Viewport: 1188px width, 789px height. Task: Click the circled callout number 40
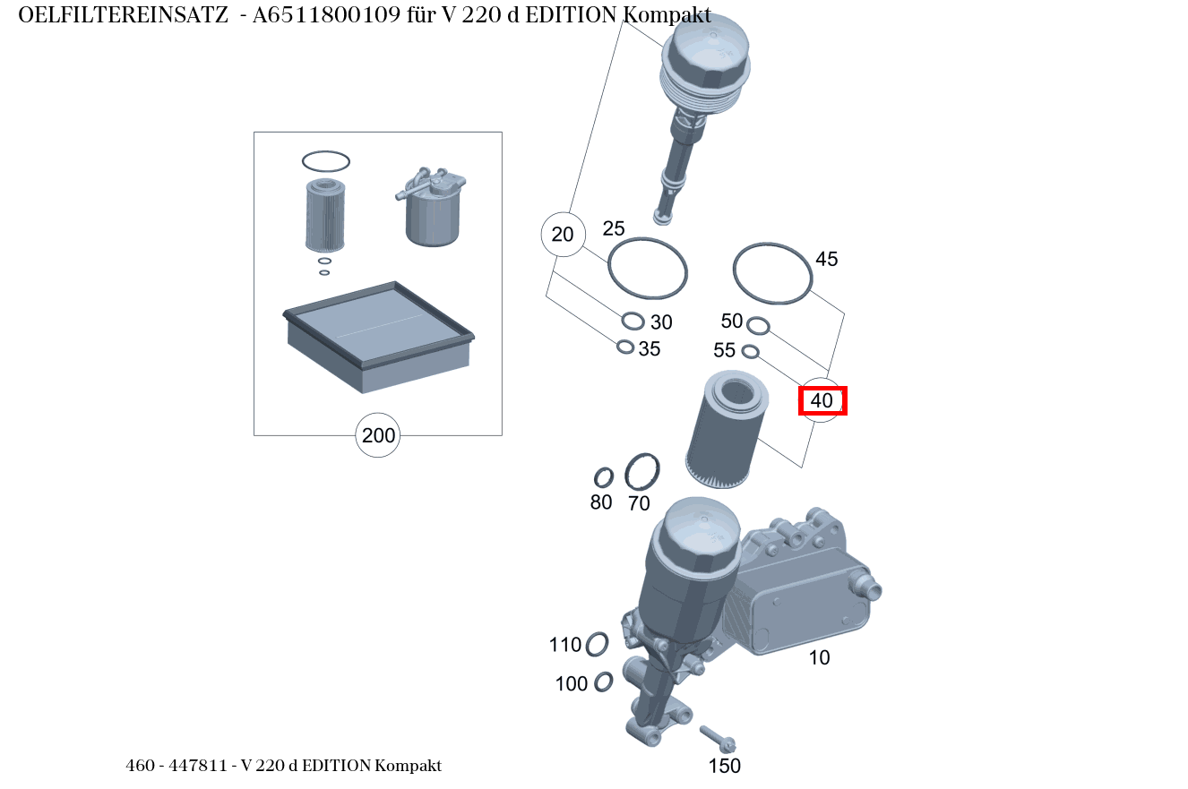pos(822,400)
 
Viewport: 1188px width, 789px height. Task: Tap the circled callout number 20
pos(563,235)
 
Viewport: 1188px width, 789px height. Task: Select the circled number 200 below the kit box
pos(377,436)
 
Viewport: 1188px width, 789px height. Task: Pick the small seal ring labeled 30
pos(633,321)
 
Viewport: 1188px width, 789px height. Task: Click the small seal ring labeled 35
pos(625,347)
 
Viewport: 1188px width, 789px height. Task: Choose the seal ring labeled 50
pos(757,324)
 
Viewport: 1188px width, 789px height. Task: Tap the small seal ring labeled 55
pos(751,351)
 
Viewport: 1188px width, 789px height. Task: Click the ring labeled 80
pos(604,477)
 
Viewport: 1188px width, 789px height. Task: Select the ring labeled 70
pos(641,471)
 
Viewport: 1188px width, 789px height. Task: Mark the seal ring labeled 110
pos(597,644)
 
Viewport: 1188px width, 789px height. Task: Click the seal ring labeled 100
pos(603,682)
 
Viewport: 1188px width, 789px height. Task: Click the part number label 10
pos(819,658)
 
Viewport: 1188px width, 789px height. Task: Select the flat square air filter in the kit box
pos(378,336)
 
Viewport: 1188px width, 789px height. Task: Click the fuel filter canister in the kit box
pos(431,215)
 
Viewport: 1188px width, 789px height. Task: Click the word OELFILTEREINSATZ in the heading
pos(123,15)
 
